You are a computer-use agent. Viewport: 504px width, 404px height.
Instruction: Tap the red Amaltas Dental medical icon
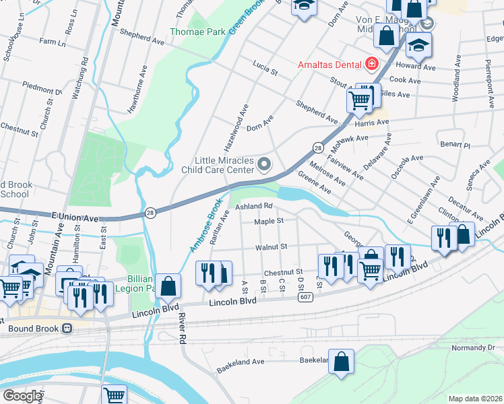pos(371,65)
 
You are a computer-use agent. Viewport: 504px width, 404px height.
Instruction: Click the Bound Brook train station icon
pos(67,329)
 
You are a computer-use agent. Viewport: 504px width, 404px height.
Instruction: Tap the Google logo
pos(22,396)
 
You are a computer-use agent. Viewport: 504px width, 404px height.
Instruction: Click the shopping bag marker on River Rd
pos(168,285)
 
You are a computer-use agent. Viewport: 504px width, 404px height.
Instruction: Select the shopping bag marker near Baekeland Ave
pos(342,360)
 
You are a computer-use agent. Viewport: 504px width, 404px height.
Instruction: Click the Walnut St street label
pos(272,247)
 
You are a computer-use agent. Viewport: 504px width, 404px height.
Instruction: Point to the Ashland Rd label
pos(253,206)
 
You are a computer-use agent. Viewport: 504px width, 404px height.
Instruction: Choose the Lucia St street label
pos(265,67)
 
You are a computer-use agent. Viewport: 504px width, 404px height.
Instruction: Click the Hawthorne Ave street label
pos(142,80)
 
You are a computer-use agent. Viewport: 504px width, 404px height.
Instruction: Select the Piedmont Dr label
pos(42,88)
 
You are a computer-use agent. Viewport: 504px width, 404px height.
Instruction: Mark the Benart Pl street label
pos(455,145)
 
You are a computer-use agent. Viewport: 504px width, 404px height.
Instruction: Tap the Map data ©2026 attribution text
pos(475,399)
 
